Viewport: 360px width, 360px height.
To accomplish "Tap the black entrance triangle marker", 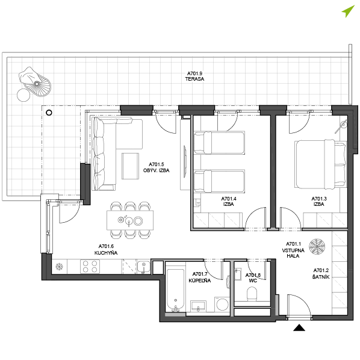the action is coord(299,328).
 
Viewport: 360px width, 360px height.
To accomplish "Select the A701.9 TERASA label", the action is coord(194,76).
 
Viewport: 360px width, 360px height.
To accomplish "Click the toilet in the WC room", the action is coord(252,294).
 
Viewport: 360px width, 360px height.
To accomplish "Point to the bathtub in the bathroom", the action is coord(175,290).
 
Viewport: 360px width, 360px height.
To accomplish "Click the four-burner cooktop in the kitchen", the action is coord(90,267).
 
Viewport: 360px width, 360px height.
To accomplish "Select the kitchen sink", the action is coord(143,267).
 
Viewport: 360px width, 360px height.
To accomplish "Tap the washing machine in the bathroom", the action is coord(222,305).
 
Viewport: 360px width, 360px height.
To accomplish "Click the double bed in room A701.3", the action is coord(321,164).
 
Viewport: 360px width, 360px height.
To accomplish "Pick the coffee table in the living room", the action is coord(131,166).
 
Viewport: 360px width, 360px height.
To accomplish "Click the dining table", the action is coord(130,220).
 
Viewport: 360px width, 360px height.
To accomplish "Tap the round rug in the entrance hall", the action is coord(317,247).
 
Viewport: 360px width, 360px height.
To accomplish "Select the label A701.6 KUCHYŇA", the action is coord(106,250).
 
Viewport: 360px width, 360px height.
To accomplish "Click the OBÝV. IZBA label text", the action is coord(157,170).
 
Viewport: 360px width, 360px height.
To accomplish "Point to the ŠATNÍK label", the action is coord(321,277).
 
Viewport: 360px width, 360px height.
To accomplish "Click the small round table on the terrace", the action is coord(23,95).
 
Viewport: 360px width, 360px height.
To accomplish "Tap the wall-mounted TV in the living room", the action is coord(185,161).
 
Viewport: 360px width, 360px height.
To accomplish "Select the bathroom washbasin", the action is coord(198,306).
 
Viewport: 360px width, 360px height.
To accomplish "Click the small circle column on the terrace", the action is coord(49,113).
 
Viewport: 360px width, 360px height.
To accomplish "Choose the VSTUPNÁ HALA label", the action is coord(293,253).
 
